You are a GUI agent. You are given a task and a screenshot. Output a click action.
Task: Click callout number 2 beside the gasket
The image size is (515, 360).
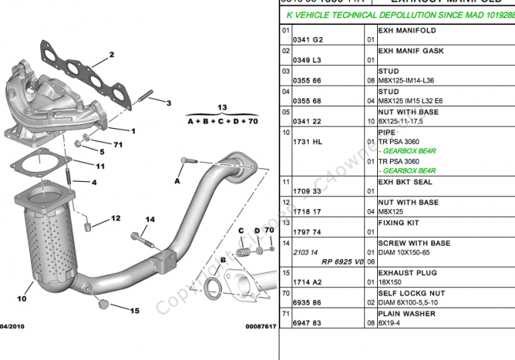tap(111, 55)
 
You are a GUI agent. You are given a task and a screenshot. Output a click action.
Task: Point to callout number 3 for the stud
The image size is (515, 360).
tap(169, 103)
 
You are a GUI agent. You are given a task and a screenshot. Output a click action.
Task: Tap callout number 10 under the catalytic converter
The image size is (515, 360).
tap(22, 299)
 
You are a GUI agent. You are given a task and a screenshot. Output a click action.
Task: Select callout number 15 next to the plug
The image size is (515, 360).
tap(135, 311)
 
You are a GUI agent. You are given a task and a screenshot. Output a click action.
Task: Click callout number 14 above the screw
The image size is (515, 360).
tap(150, 220)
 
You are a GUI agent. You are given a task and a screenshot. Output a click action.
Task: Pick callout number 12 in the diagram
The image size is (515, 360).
tap(115, 218)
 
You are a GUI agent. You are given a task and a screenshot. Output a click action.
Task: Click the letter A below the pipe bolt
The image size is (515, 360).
tap(177, 182)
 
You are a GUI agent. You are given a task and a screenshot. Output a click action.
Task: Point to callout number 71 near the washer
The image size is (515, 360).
tap(118, 145)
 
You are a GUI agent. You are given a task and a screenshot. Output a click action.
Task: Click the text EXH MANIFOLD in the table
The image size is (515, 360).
tap(407, 31)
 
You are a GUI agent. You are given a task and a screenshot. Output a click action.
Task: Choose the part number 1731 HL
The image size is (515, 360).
tap(307, 142)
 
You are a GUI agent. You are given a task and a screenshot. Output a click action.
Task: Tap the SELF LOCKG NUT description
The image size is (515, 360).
tap(409, 292)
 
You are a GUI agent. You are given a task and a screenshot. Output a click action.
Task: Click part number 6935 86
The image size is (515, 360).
tap(307, 302)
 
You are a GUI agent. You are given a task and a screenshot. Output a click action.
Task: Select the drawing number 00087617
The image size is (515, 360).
tap(261, 326)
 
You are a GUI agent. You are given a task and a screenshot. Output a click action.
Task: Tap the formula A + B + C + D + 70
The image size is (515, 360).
tap(223, 121)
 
